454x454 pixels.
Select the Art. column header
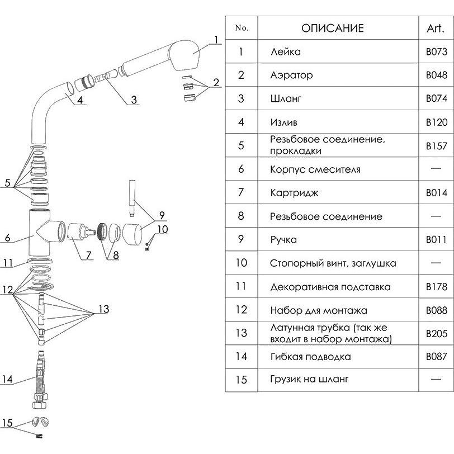436,28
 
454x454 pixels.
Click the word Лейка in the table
285,52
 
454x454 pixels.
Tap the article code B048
436,75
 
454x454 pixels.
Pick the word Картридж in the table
294,193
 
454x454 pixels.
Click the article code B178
436,287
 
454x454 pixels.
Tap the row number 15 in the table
241,380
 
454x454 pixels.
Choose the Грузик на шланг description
309,380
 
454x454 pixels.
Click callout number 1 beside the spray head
215,39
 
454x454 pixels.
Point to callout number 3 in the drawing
134,101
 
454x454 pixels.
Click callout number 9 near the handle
161,215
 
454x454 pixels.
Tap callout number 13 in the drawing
103,309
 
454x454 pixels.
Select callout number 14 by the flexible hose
7,380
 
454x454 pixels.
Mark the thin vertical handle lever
133,198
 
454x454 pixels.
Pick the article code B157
436,146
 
